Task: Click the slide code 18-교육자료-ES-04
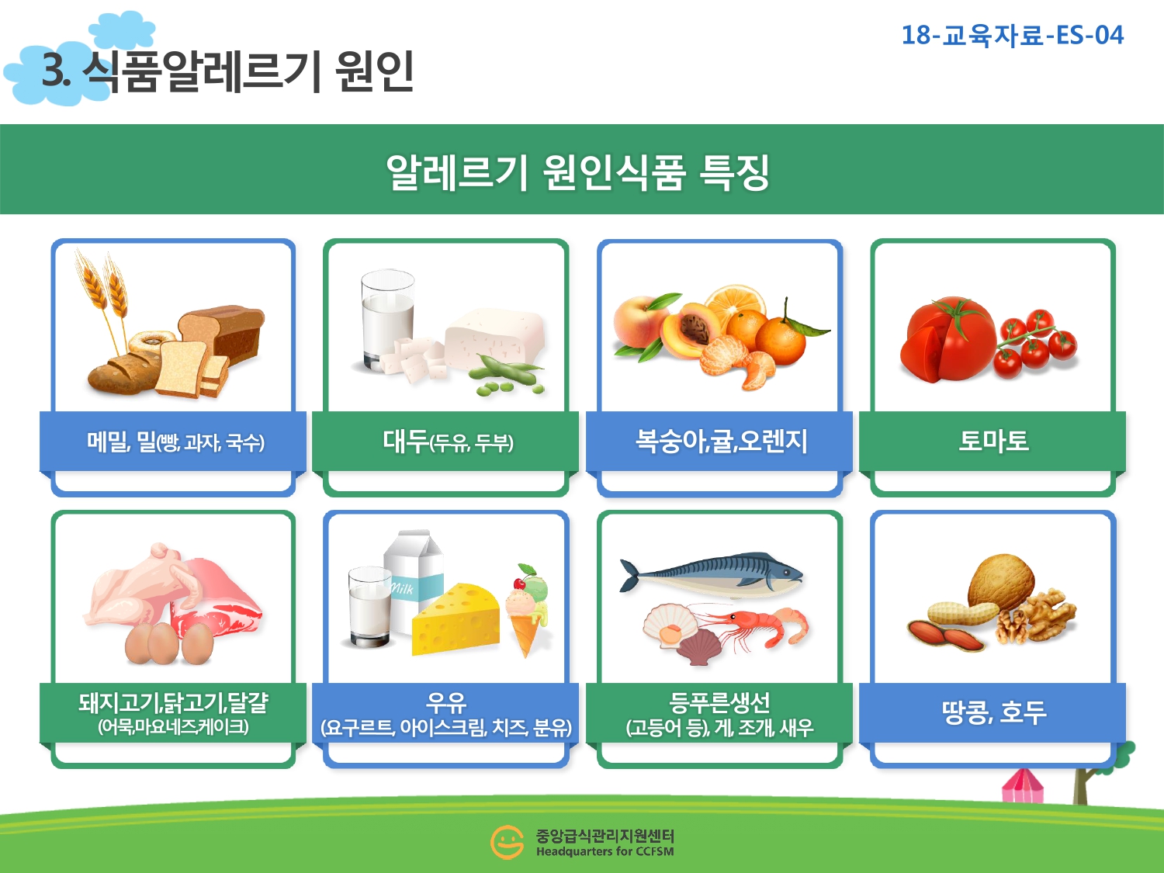(x=1012, y=36)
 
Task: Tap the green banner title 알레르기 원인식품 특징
(x=578, y=171)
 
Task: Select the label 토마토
(x=993, y=441)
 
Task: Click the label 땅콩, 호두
(x=994, y=712)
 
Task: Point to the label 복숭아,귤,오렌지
(x=720, y=441)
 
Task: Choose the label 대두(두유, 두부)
(x=448, y=442)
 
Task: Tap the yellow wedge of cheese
(x=456, y=619)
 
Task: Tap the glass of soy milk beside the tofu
(x=387, y=320)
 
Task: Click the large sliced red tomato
(x=947, y=339)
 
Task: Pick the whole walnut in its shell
(x=1001, y=581)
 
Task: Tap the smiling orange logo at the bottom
(x=507, y=842)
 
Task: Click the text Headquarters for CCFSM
(x=605, y=852)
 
